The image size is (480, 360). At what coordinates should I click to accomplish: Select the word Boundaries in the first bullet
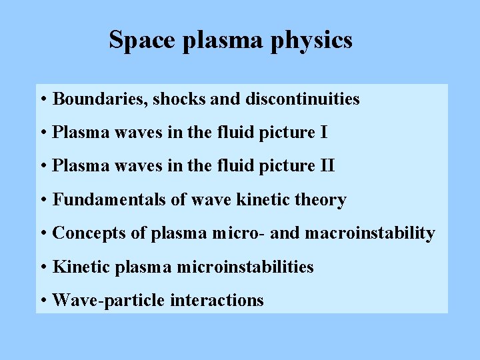coord(100,99)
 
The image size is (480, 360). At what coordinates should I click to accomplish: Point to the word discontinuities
coord(303,99)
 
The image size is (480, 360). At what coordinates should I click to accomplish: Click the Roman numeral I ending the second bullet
coord(324,133)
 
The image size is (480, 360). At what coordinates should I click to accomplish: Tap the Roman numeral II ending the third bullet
coord(327,166)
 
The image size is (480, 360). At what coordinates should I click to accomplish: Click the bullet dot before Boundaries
coord(43,100)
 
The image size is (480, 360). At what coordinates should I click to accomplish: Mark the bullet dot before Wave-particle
coord(43,301)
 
